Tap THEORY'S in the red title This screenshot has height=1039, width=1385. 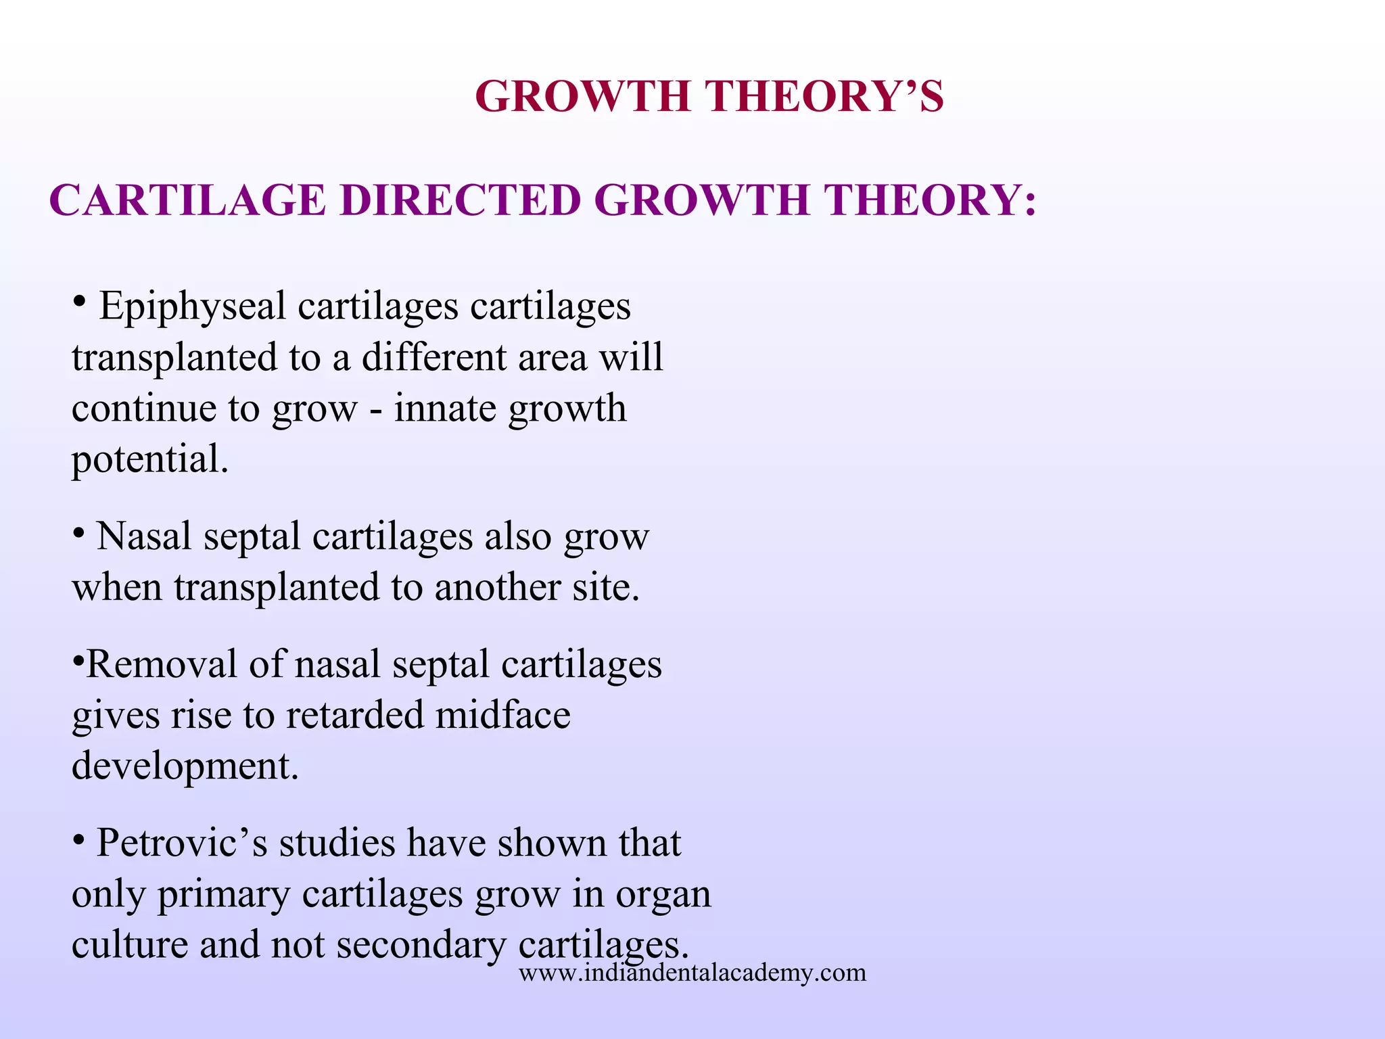pos(825,97)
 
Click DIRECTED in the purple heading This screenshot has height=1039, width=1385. pos(460,201)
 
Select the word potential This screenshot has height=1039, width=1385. pos(150,461)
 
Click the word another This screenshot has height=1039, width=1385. pos(497,587)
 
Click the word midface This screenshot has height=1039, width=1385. pos(502,715)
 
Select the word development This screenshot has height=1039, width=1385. pos(185,766)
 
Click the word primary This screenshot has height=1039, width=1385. pos(223,896)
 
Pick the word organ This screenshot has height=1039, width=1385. pos(663,896)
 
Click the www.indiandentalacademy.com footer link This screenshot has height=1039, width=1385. pos(692,973)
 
